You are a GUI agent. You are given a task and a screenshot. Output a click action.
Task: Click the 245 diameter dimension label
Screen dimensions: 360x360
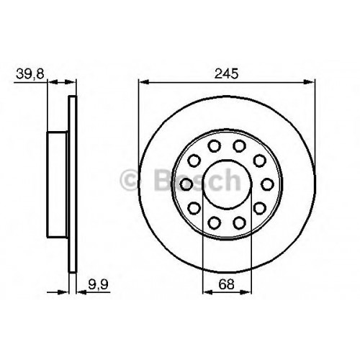(227, 73)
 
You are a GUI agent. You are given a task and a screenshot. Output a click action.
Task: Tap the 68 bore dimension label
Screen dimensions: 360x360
(226, 284)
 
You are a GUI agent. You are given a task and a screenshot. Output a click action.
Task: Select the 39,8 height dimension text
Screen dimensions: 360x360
(30, 73)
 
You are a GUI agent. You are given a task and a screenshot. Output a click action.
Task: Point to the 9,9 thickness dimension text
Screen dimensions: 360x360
(98, 284)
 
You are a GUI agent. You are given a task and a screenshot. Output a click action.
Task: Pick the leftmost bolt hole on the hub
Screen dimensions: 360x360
(186, 184)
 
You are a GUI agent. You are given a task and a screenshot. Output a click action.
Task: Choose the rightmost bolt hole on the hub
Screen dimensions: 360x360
(267, 184)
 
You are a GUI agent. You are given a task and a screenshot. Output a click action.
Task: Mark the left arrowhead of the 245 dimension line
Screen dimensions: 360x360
(144, 82)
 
